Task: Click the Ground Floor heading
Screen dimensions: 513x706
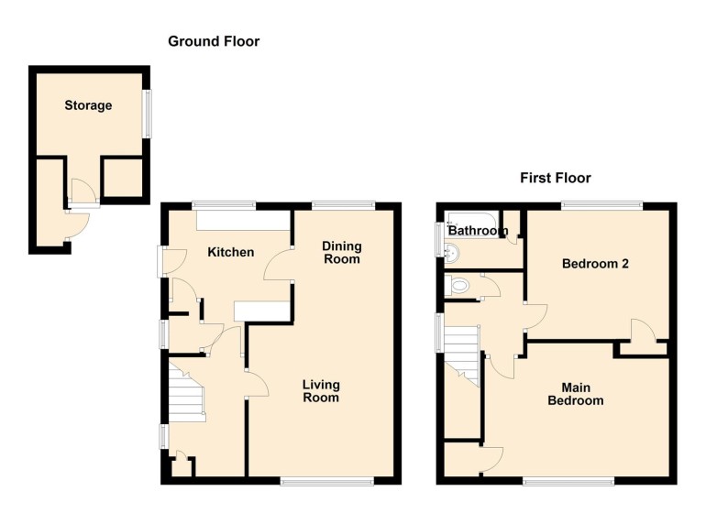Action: [x=214, y=41]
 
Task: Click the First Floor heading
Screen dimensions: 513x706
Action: [x=555, y=178]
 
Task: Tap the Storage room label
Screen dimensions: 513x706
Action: [x=88, y=105]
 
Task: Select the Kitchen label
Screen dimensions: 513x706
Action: [x=230, y=252]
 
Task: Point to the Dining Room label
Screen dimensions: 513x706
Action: [x=341, y=253]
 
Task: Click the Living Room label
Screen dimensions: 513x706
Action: [x=321, y=391]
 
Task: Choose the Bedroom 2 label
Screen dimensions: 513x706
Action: [x=595, y=264]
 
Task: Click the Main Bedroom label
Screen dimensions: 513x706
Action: [x=576, y=394]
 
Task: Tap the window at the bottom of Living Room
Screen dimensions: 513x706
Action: [x=326, y=481]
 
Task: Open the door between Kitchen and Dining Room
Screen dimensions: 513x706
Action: [x=276, y=266]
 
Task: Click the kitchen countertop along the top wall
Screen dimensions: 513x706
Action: [x=242, y=220]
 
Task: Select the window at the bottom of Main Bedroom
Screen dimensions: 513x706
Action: [x=568, y=481]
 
